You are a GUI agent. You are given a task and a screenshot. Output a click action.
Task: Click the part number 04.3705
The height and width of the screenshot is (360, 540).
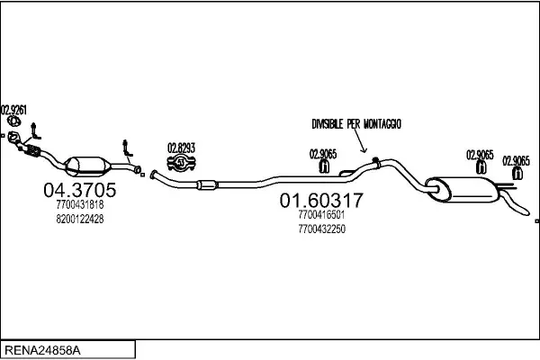(79, 190)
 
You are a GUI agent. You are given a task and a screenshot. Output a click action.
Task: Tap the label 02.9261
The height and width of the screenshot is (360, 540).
(13, 110)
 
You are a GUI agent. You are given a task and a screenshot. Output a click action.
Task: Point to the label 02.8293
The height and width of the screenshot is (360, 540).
(181, 148)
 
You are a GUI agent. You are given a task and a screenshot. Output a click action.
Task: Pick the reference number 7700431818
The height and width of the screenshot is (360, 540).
(79, 205)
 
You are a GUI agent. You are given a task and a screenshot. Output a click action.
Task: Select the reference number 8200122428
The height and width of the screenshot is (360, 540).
(79, 219)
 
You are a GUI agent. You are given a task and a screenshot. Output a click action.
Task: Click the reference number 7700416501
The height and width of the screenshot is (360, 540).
(319, 215)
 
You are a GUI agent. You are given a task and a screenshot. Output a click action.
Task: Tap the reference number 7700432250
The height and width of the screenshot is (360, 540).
(319, 229)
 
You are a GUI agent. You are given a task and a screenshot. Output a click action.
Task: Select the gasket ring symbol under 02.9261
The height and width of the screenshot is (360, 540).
(13, 121)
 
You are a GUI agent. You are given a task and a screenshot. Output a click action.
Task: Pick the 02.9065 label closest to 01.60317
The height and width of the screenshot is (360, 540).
(323, 153)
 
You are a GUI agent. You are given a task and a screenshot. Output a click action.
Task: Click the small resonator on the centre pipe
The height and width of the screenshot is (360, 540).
(205, 185)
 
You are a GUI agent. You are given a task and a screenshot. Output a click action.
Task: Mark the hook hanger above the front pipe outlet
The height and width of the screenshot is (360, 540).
(126, 148)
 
